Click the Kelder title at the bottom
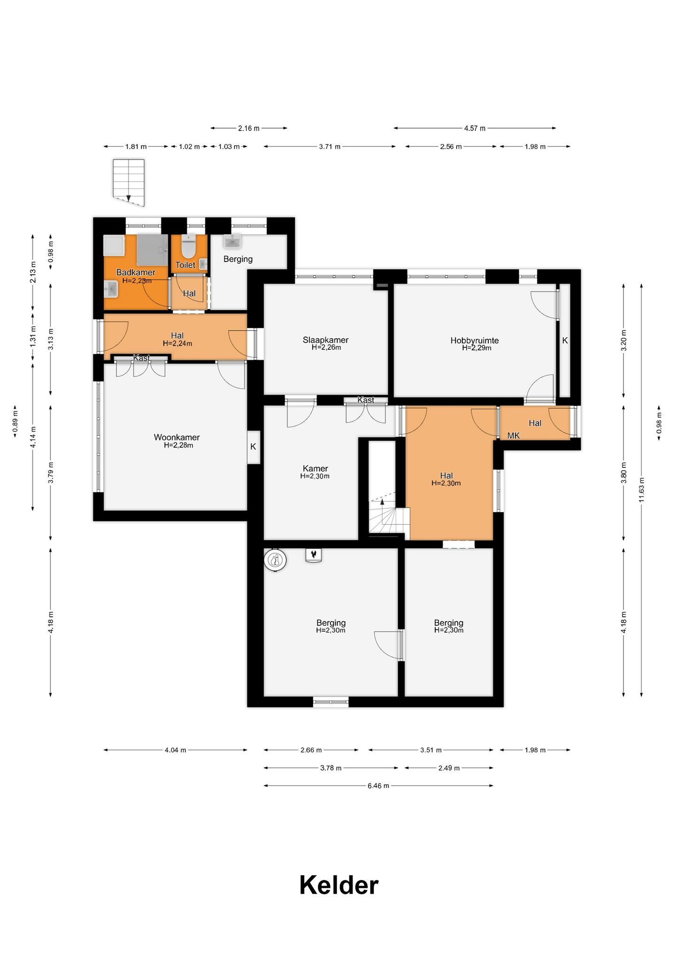click(x=338, y=885)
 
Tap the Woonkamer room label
click(x=177, y=437)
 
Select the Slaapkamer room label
click(x=325, y=340)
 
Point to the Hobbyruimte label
click(x=475, y=341)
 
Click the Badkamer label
click(x=136, y=272)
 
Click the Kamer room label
click(x=315, y=468)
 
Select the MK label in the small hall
click(x=514, y=436)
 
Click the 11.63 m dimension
click(x=642, y=490)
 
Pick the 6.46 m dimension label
click(x=378, y=786)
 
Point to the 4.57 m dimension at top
click(x=475, y=128)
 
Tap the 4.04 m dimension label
click(x=176, y=750)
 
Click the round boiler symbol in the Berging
click(x=275, y=560)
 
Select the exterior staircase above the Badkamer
click(x=129, y=183)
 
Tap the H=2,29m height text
click(x=476, y=348)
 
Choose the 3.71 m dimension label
click(x=330, y=146)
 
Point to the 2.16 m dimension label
click(x=249, y=128)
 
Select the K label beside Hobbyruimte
click(x=565, y=341)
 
